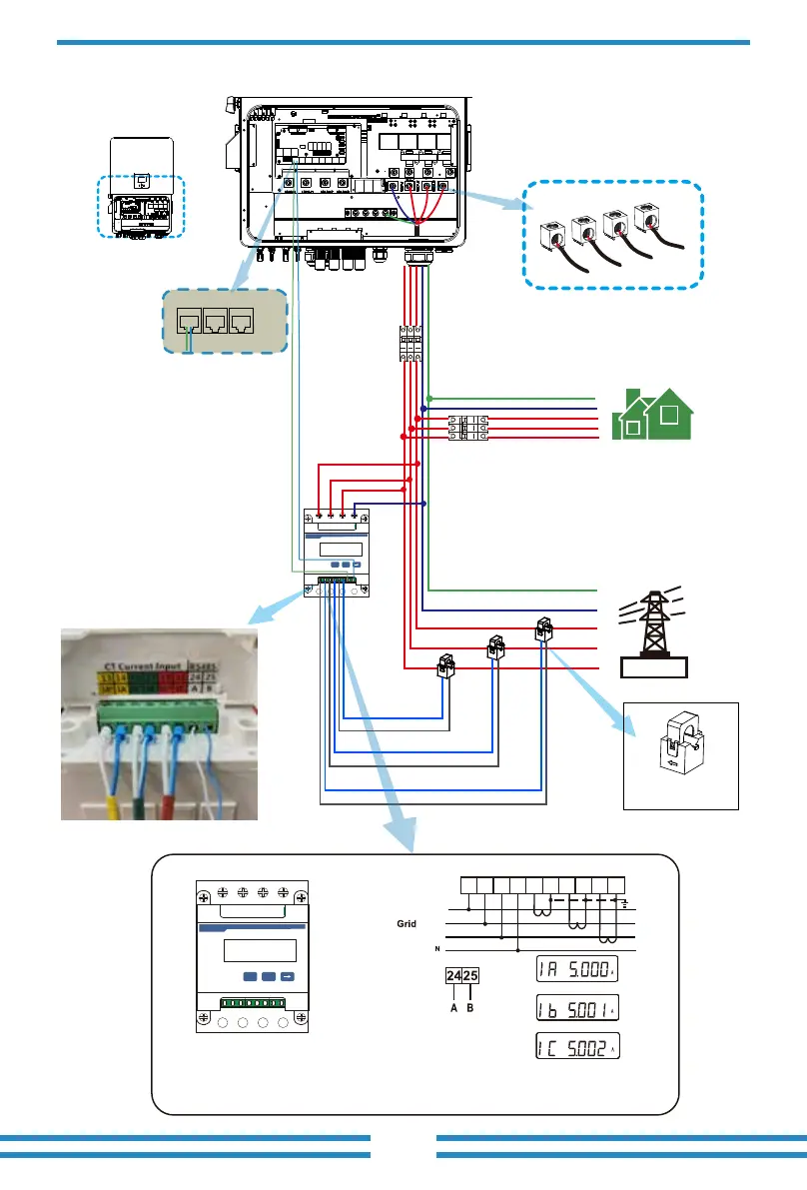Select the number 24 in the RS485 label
(454, 977)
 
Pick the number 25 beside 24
(472, 977)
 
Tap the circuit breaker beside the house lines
(467, 429)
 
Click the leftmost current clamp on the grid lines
(446, 664)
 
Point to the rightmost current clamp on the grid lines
(544, 627)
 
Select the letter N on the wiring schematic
(435, 949)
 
